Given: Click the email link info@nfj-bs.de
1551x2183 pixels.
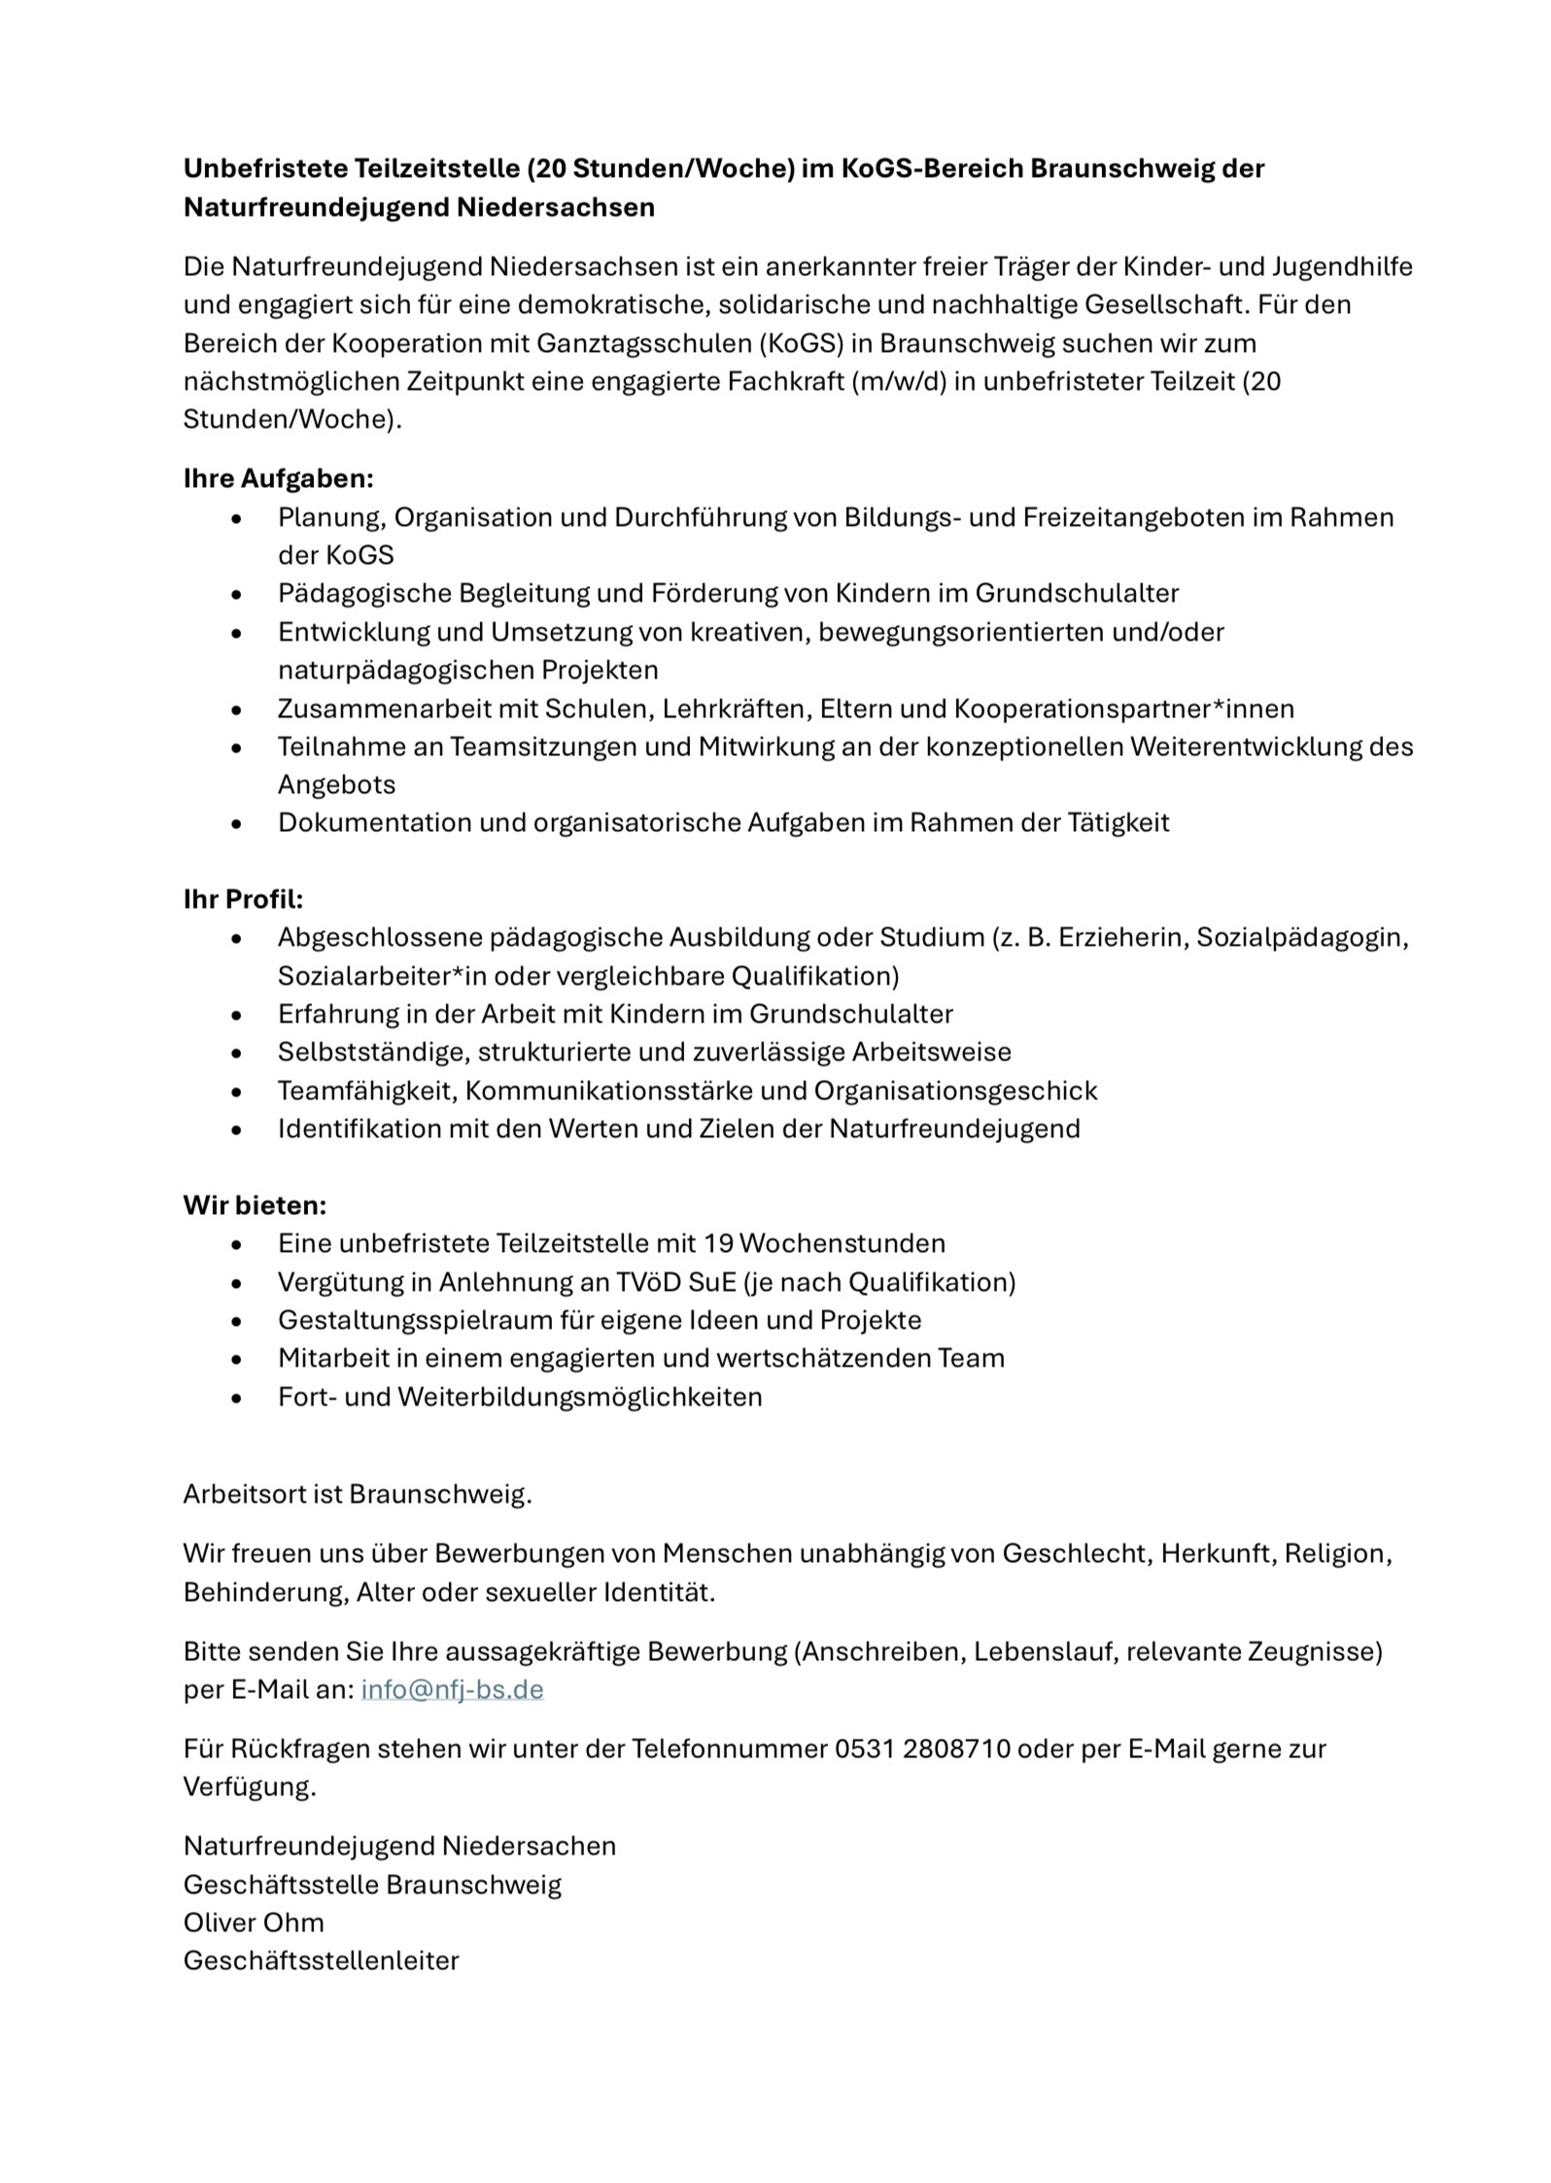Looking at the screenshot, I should click(x=452, y=1689).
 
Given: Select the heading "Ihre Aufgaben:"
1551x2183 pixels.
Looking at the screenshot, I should click(x=279, y=478).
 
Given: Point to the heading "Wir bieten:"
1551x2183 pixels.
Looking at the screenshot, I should click(x=255, y=1205).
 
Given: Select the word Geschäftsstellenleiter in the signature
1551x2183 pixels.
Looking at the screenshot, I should click(x=321, y=1960).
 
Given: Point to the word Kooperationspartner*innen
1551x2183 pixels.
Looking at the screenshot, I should click(x=1124, y=709).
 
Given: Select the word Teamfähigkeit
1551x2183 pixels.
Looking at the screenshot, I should click(x=366, y=1091).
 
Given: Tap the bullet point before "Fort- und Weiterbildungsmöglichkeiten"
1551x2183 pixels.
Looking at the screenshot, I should click(x=236, y=1398).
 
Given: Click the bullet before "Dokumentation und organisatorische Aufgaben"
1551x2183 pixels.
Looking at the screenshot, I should click(x=236, y=823).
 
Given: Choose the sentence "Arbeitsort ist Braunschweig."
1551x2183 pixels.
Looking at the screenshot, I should click(x=358, y=1494).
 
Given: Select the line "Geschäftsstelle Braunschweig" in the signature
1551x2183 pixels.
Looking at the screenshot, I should click(x=372, y=1885).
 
